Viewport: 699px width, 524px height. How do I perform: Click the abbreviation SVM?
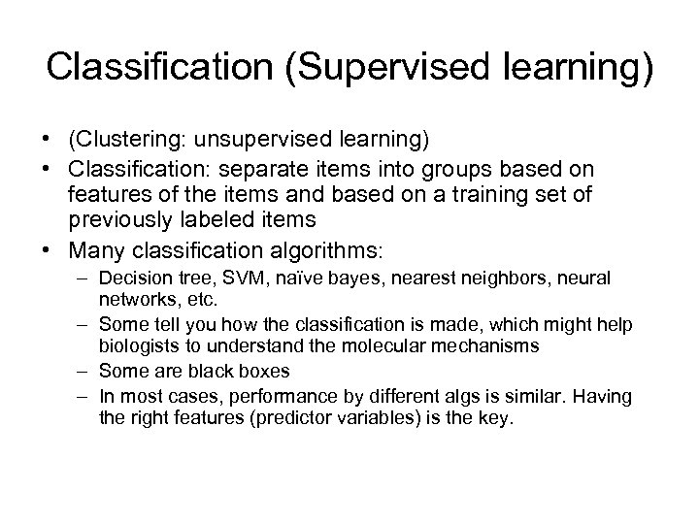[x=219, y=278]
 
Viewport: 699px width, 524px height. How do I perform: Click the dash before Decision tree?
[x=80, y=278]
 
